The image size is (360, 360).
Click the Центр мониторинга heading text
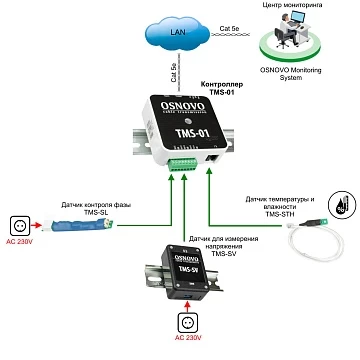point(294,5)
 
